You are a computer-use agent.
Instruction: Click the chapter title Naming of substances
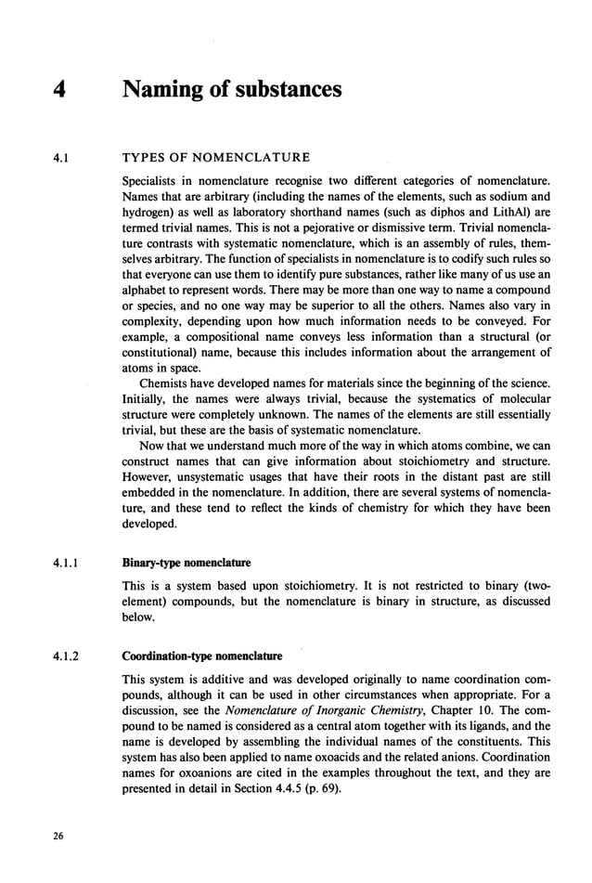(232, 90)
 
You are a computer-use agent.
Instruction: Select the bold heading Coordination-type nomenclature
(201, 656)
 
